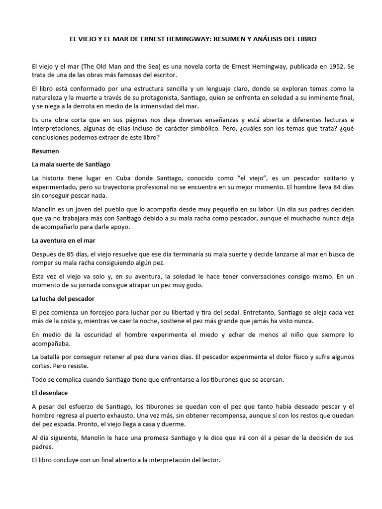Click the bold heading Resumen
point(45,151)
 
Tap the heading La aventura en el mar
point(63,241)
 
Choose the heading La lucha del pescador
point(63,299)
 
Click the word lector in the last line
point(209,460)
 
